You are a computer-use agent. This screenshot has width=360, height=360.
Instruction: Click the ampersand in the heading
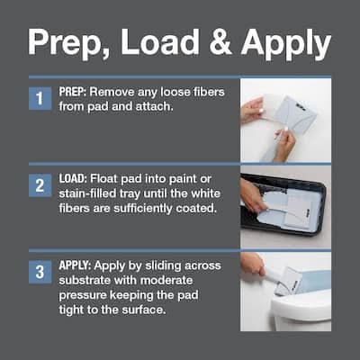point(220,41)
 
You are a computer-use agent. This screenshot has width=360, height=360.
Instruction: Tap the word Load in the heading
point(159,41)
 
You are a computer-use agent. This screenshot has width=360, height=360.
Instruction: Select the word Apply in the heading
point(286,43)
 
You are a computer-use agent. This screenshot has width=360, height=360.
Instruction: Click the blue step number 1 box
point(40,98)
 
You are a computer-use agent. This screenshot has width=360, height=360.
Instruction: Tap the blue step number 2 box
point(40,185)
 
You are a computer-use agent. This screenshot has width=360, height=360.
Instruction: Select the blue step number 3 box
point(40,273)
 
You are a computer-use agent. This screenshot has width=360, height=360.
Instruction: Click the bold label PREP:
point(73,92)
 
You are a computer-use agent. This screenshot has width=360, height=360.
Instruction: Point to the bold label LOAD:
point(73,179)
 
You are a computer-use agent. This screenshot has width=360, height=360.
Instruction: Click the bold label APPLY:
point(75,265)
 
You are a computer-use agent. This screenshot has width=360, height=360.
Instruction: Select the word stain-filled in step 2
point(87,193)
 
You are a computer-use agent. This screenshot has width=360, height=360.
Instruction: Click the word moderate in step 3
point(166,281)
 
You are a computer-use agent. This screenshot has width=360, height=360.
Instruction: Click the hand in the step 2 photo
point(254,195)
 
